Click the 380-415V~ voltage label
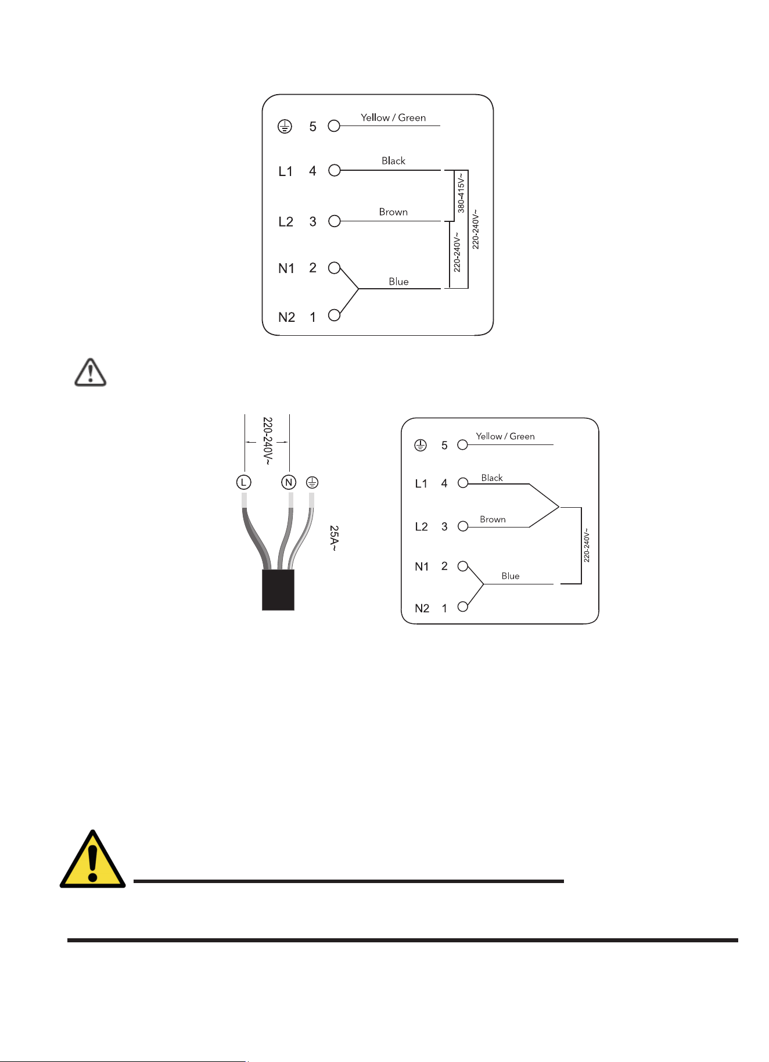click(x=461, y=192)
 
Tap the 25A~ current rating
click(x=334, y=538)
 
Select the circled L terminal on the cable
click(x=244, y=482)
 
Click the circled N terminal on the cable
click(x=289, y=482)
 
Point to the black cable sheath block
click(x=278, y=590)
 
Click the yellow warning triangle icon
click(x=93, y=859)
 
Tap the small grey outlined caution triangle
click(x=91, y=372)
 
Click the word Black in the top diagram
click(x=393, y=161)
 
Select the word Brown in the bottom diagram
click(x=493, y=519)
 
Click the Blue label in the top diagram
click(x=398, y=282)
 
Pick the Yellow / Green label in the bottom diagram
click(x=505, y=436)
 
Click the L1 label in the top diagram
click(x=286, y=171)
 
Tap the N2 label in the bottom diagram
click(x=422, y=608)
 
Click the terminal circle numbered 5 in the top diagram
click(x=334, y=125)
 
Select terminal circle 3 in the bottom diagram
click(x=463, y=526)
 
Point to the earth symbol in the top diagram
click(x=285, y=126)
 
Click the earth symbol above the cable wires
click(x=312, y=482)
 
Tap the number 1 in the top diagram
click(x=313, y=317)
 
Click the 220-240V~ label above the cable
click(x=267, y=441)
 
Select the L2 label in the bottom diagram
click(x=422, y=527)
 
